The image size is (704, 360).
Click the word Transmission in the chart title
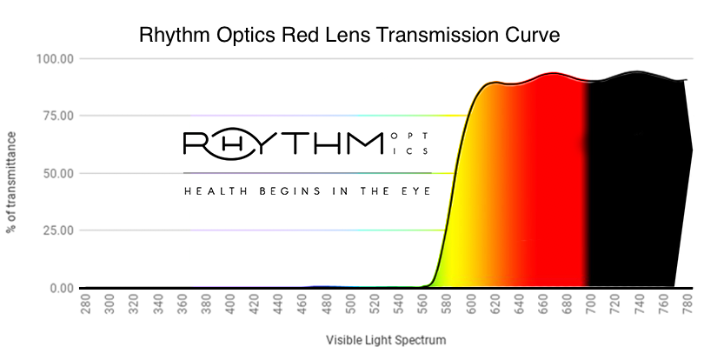[x=411, y=36]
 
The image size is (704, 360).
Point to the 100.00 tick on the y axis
[x=54, y=58]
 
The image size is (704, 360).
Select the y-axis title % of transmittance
[x=12, y=182]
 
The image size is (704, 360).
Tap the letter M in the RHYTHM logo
[x=362, y=143]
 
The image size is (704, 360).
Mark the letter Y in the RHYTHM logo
[x=267, y=143]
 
